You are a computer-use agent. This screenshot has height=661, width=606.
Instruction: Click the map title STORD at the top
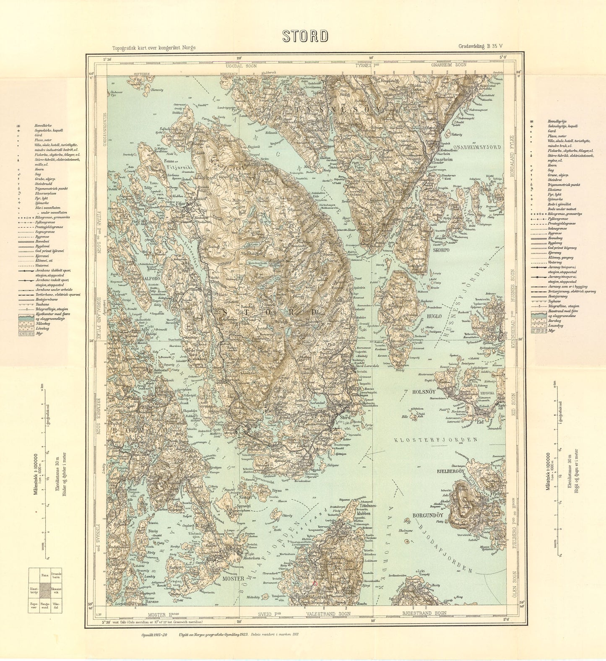tap(305, 36)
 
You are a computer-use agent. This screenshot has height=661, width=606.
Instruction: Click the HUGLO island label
tap(433, 316)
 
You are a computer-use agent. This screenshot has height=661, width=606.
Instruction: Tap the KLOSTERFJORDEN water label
tap(436, 440)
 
